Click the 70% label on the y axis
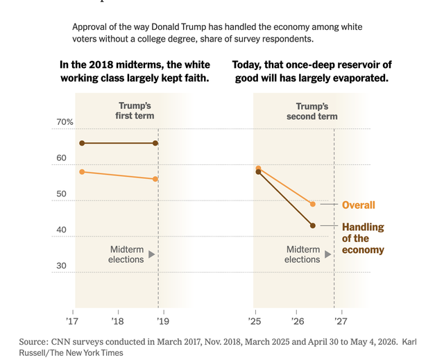point(65,122)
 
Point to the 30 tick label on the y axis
point(61,266)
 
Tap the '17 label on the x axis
point(72,321)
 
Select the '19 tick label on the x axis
point(163,321)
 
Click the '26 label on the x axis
point(298,321)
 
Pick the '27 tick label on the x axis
point(341,321)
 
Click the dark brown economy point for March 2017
point(82,143)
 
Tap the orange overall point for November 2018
point(155,179)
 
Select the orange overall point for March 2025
point(258,169)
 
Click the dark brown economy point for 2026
point(313,225)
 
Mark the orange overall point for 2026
point(313,204)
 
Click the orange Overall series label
point(359,205)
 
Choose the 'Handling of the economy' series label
point(363,239)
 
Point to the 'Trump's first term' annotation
point(135,111)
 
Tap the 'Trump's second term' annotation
point(312,111)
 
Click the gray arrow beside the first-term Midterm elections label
point(152,254)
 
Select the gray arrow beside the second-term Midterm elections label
point(328,254)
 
